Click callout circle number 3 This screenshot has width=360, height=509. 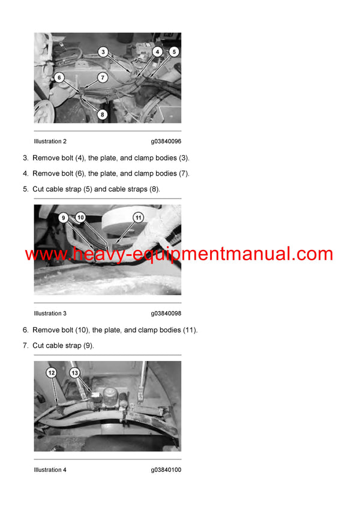click(103, 52)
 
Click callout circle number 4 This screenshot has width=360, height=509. click(157, 52)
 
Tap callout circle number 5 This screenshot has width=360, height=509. click(173, 52)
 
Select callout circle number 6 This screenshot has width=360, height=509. click(59, 77)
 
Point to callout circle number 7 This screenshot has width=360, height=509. click(102, 77)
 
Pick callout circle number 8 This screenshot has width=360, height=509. click(102, 114)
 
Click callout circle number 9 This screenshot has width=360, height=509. click(63, 218)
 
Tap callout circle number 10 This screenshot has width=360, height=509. click(81, 218)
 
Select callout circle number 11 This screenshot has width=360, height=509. click(138, 218)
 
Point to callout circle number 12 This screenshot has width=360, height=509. click(51, 373)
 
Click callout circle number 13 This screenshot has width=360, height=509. click(74, 373)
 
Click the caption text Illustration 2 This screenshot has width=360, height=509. click(50, 141)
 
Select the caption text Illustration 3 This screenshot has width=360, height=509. click(50, 314)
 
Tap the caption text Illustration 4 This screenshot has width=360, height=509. click(50, 470)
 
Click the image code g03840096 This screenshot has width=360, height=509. click(166, 141)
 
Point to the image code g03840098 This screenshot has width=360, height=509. click(166, 314)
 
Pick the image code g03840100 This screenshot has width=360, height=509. click(166, 470)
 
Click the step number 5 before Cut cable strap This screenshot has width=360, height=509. click(25, 189)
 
